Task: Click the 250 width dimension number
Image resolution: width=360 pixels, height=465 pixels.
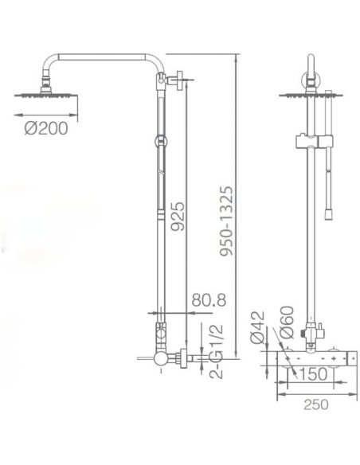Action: click(316, 404)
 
